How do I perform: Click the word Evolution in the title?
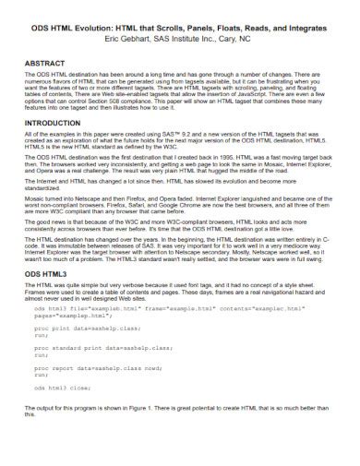tap(103, 30)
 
